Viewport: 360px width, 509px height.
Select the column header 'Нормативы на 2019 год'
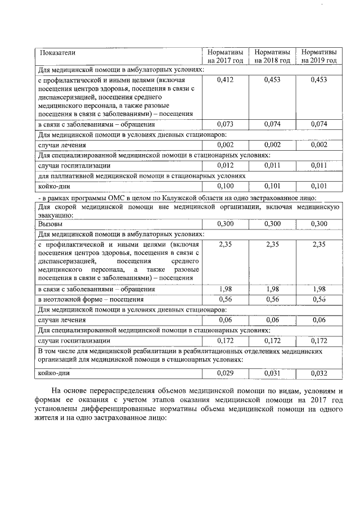coord(319,56)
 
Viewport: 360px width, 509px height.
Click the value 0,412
coord(225,80)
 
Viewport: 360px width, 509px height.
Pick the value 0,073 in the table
coord(225,124)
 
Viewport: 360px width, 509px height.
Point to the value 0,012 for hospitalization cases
coord(225,165)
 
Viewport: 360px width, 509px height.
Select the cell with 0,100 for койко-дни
coord(225,186)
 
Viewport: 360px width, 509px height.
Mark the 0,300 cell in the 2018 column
coord(272,224)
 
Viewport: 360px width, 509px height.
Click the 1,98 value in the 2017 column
coord(225,289)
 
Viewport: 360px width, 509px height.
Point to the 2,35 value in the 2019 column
coord(319,245)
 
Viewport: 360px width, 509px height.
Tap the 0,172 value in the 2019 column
coord(319,340)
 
